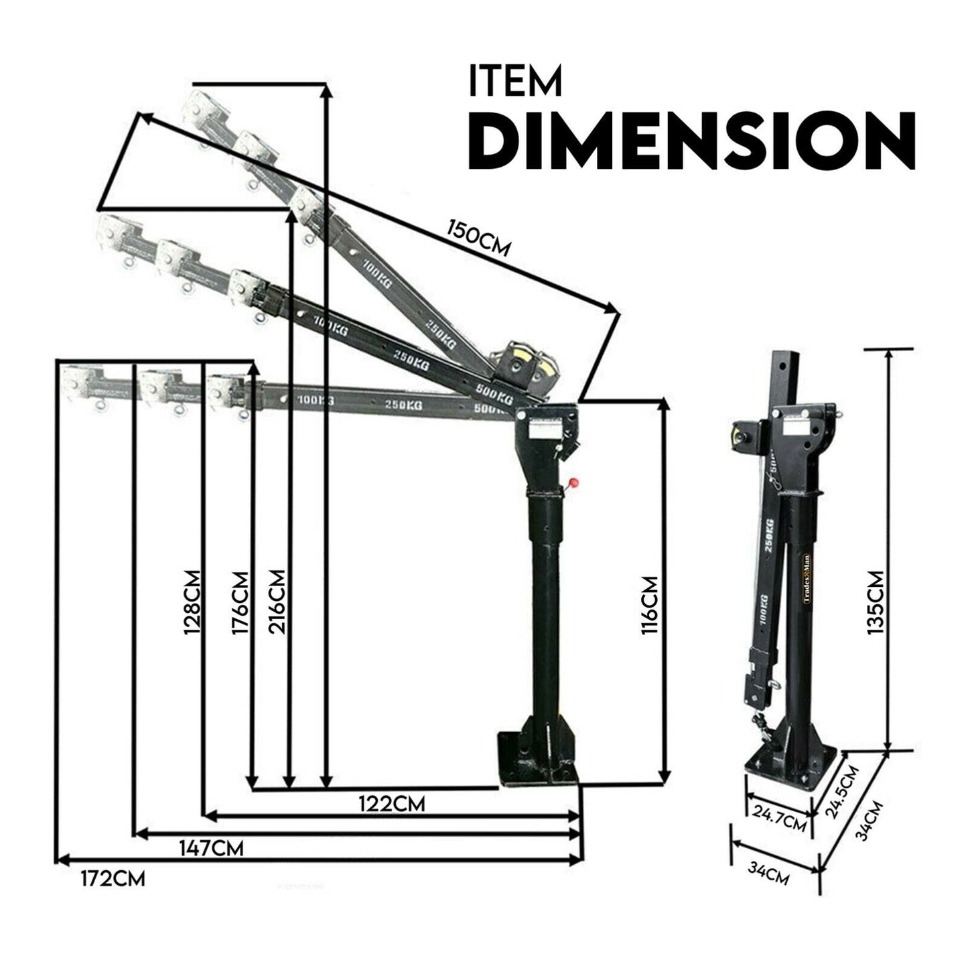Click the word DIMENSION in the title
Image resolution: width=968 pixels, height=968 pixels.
pyautogui.click(x=691, y=142)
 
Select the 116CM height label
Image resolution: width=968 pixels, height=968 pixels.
pyautogui.click(x=649, y=605)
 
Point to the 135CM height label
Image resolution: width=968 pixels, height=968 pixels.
pyautogui.click(x=876, y=602)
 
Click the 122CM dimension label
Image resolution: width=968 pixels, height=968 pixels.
pyautogui.click(x=392, y=803)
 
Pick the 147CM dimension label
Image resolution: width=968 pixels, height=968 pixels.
pyautogui.click(x=211, y=848)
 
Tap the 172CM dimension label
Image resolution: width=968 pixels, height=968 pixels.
pyautogui.click(x=113, y=878)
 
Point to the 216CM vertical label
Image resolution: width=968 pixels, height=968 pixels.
pyautogui.click(x=276, y=602)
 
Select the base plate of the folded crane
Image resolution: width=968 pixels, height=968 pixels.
pyautogui.click(x=790, y=767)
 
